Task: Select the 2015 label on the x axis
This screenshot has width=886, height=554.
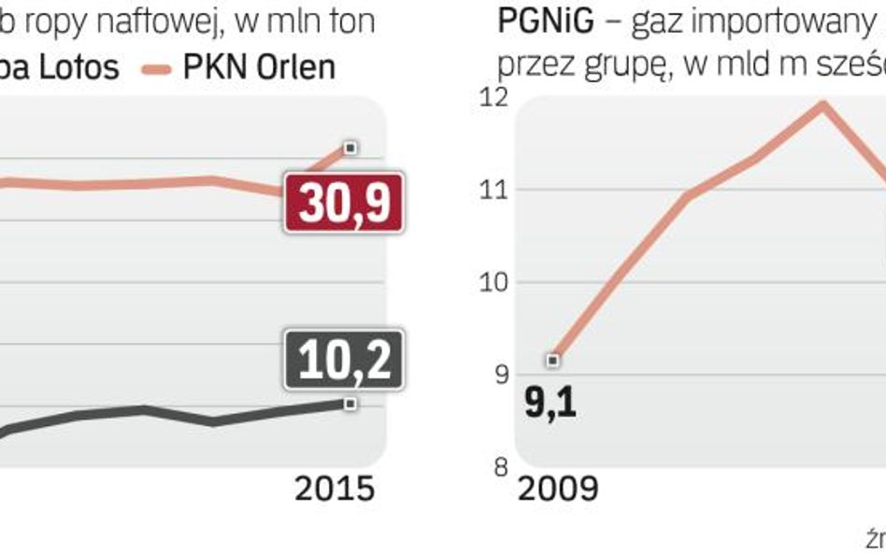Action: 335,490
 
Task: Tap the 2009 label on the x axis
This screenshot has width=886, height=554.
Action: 559,490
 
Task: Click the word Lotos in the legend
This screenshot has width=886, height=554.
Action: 79,67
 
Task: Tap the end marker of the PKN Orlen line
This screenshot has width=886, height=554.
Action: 350,147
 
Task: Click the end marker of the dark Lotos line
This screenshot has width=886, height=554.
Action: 350,404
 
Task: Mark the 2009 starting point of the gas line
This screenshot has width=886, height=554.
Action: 553,360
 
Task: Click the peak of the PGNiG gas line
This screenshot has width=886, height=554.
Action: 822,103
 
